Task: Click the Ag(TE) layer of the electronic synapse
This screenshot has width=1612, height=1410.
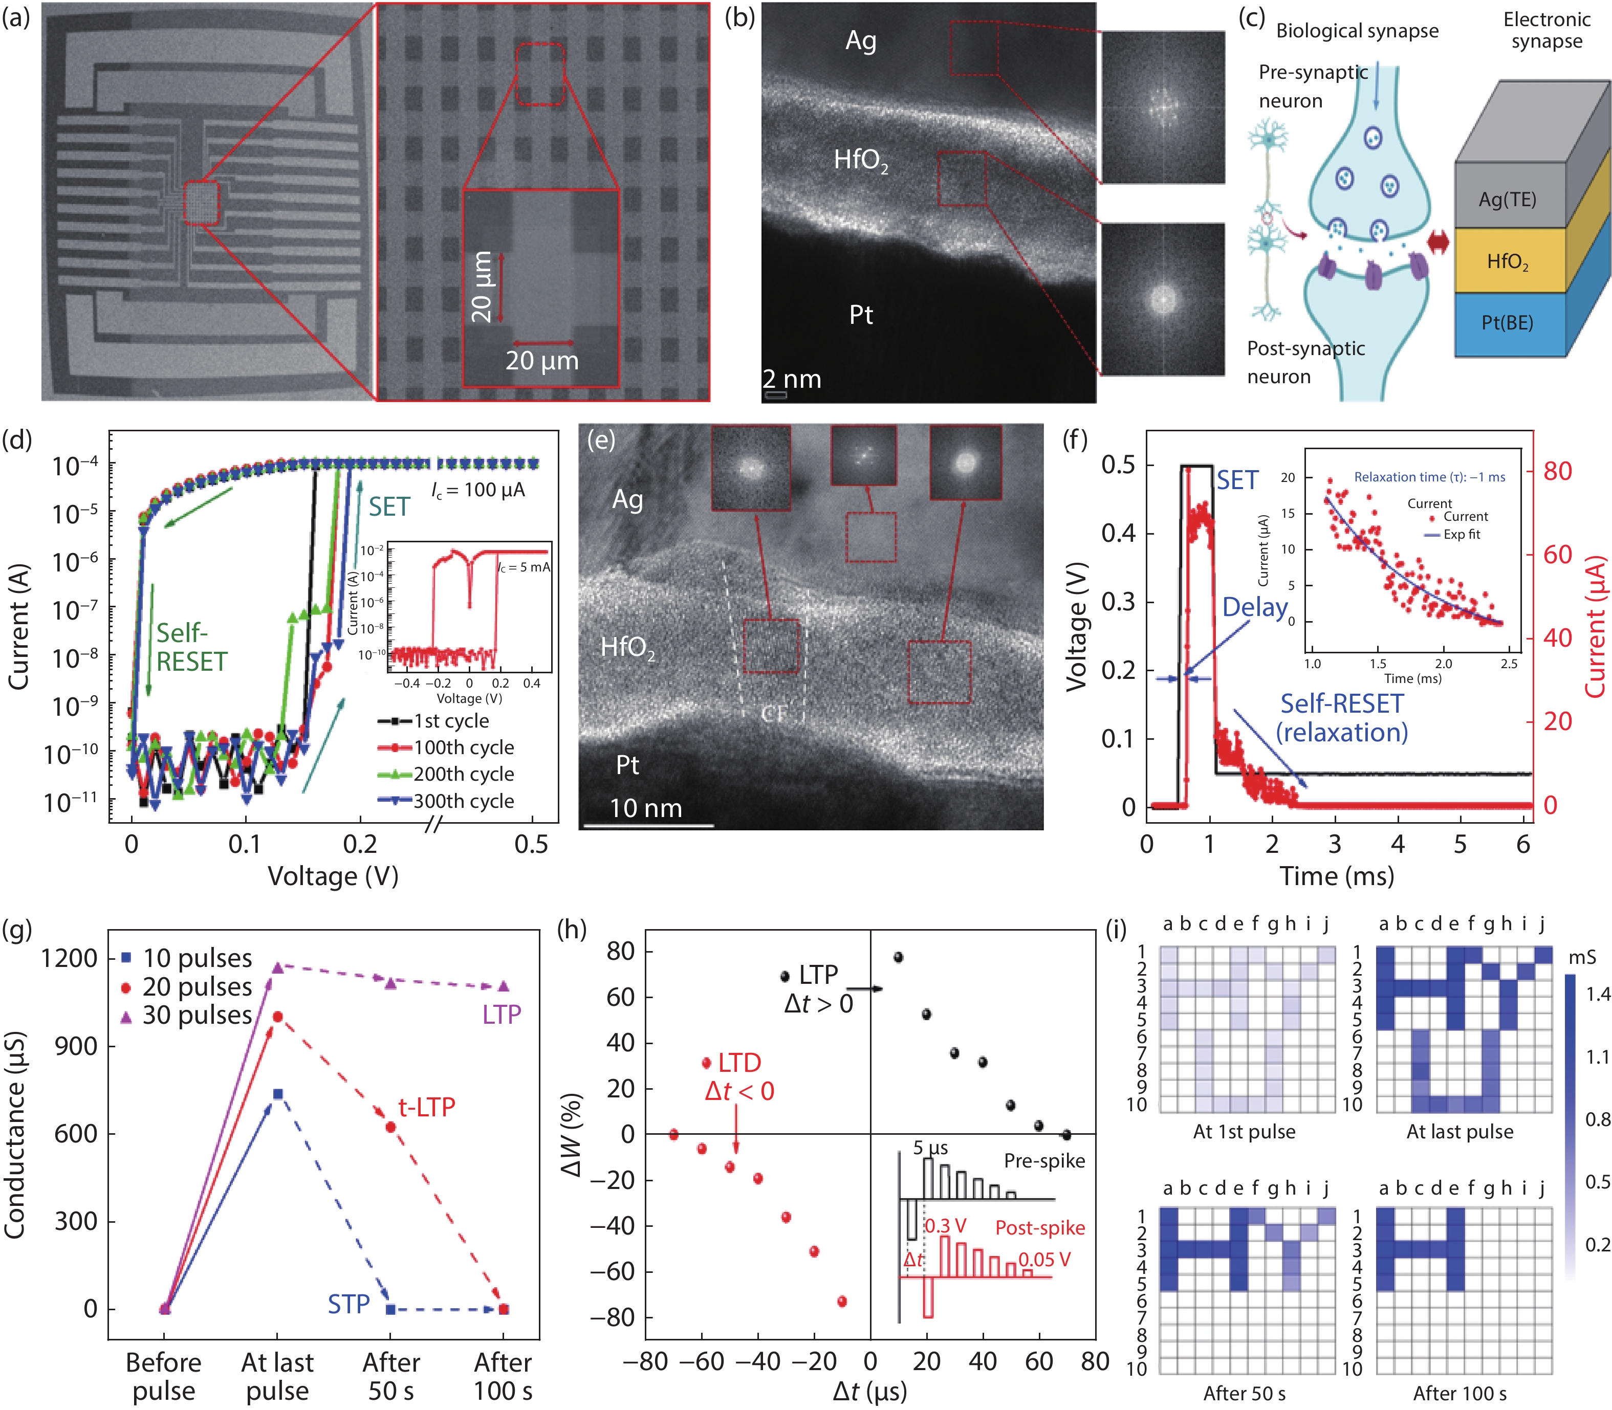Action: (x=1507, y=199)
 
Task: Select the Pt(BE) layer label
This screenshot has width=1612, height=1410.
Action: (x=1507, y=323)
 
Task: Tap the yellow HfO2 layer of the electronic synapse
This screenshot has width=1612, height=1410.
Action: (x=1507, y=261)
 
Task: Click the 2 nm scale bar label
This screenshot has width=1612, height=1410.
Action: (x=792, y=379)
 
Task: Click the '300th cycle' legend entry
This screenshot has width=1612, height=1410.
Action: (x=464, y=801)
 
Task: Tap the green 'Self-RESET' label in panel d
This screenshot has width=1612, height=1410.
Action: (x=191, y=647)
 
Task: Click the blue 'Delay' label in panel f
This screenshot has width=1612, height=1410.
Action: (x=1255, y=607)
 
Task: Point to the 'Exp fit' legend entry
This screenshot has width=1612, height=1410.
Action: (x=1461, y=534)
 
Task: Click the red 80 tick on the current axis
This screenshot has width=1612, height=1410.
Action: (x=1557, y=471)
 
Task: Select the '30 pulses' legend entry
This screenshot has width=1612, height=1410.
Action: (x=197, y=1015)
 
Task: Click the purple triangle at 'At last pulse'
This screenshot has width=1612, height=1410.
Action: (x=277, y=967)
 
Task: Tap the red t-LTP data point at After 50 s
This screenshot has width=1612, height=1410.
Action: (x=390, y=1127)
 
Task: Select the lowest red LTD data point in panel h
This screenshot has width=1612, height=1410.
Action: (x=842, y=1302)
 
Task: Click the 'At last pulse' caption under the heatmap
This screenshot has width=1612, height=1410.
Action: (x=1459, y=1132)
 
